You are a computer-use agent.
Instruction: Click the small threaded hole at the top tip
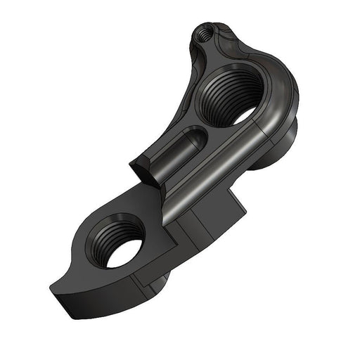[204, 32]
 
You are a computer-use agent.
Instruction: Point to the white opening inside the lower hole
[126, 255]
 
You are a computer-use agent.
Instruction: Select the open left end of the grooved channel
[139, 169]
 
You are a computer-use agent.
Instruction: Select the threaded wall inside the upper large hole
[218, 91]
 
